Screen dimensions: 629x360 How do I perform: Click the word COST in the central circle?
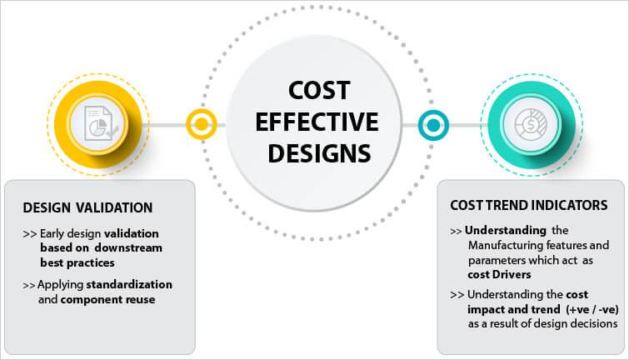[319, 90]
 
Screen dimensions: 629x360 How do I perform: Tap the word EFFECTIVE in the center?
[317, 122]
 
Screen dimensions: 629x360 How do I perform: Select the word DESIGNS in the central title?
[319, 153]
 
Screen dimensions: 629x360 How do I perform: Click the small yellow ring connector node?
[202, 124]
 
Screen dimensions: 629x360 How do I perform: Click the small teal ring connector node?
[433, 125]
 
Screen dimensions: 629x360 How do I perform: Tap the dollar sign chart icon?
[531, 125]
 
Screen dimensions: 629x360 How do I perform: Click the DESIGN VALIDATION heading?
[87, 207]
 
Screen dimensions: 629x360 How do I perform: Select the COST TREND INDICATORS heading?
[529, 206]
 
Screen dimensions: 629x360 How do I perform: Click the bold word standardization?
[129, 284]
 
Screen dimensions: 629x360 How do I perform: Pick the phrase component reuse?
[108, 300]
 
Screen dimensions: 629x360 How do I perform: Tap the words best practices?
[77, 262]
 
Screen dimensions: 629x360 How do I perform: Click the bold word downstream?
[128, 248]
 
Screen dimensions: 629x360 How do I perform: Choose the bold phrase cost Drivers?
[499, 275]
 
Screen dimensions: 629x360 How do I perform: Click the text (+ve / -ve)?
[592, 310]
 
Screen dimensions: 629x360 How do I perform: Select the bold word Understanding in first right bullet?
[506, 231]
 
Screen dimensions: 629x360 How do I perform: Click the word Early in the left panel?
[52, 234]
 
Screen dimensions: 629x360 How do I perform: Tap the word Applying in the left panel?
[61, 285]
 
